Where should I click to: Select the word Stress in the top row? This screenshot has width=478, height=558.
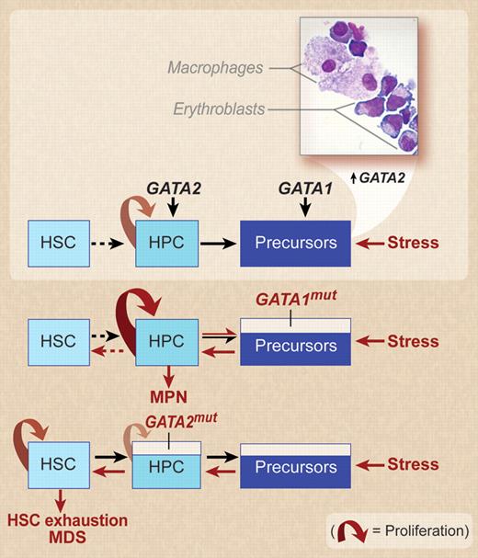(412, 244)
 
